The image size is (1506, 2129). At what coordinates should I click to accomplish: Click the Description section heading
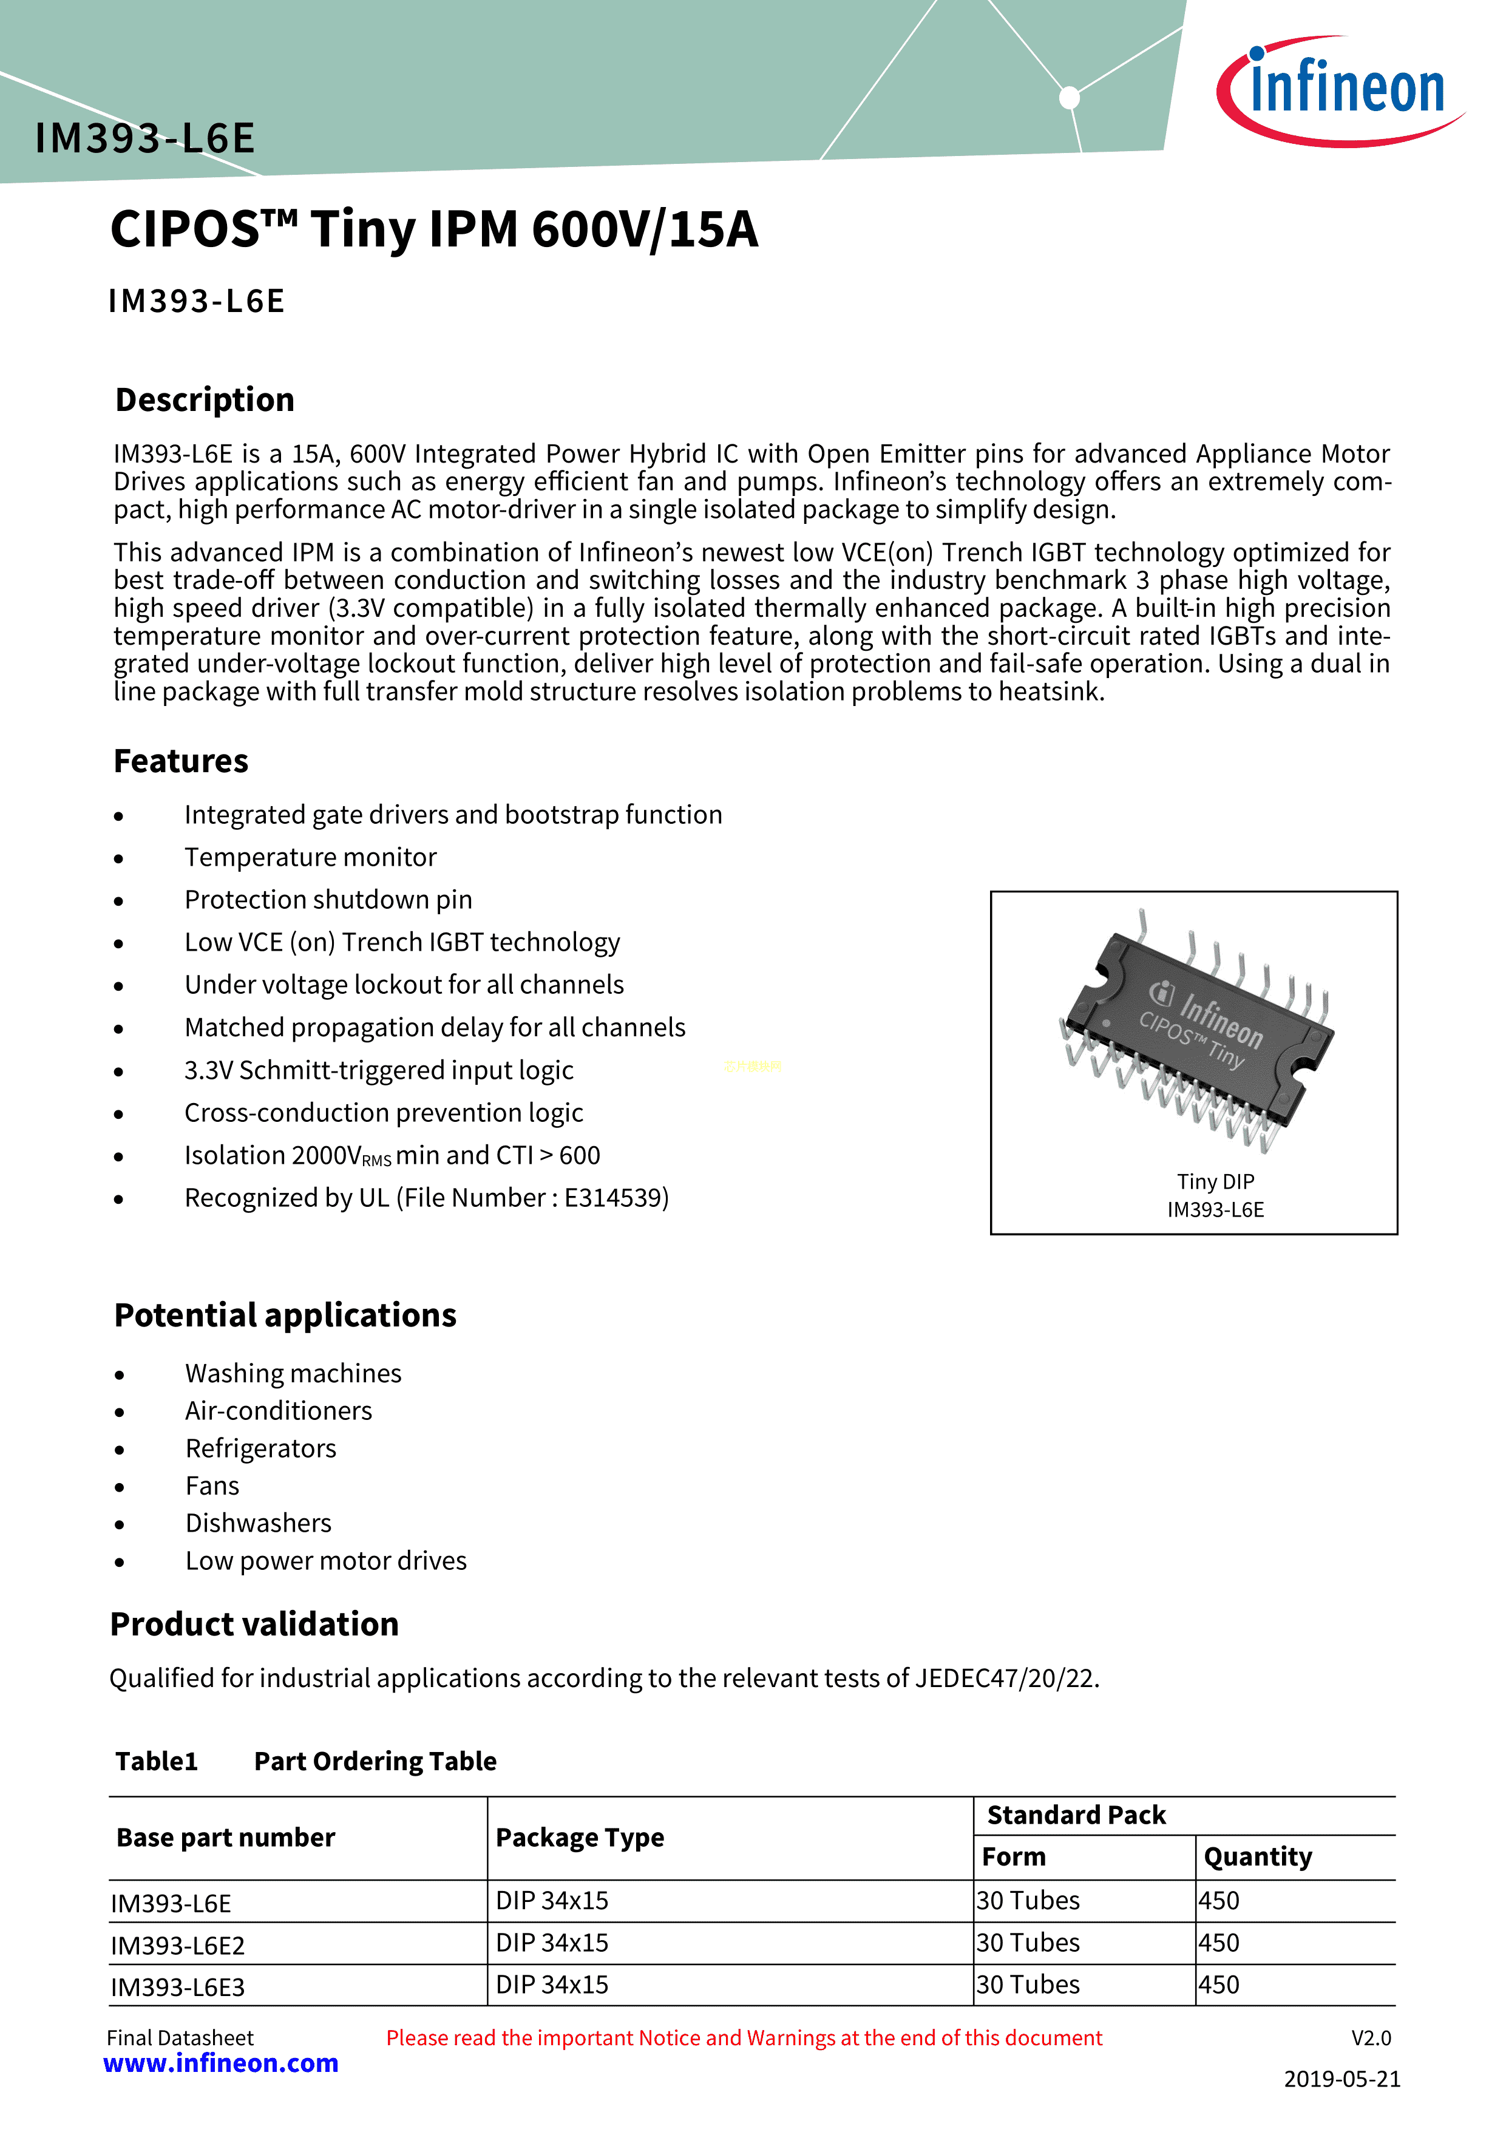205,399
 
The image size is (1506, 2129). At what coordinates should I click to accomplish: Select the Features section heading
181,761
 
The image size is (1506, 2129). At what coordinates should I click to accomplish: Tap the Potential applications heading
285,1315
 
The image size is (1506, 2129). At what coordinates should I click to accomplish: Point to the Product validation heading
254,1624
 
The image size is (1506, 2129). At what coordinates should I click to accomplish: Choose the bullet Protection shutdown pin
328,900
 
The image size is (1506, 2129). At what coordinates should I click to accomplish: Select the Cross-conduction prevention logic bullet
384,1113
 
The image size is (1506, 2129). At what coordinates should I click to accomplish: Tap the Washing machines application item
293,1373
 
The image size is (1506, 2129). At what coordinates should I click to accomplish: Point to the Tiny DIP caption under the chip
1215,1181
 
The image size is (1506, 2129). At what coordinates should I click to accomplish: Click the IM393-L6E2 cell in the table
178,1946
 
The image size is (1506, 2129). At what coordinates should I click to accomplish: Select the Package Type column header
580,1838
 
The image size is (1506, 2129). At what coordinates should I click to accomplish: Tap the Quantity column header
1258,1856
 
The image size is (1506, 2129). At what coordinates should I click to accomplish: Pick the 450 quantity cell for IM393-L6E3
1218,1985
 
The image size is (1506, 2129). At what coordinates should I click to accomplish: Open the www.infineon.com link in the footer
221,2063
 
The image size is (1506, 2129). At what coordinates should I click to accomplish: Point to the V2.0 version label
1371,2038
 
